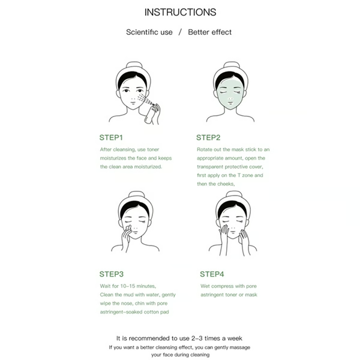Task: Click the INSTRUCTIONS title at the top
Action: (180, 12)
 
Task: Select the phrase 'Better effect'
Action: (210, 32)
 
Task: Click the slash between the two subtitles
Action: (179, 32)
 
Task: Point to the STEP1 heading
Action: (112, 137)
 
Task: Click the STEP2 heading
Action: (209, 137)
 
